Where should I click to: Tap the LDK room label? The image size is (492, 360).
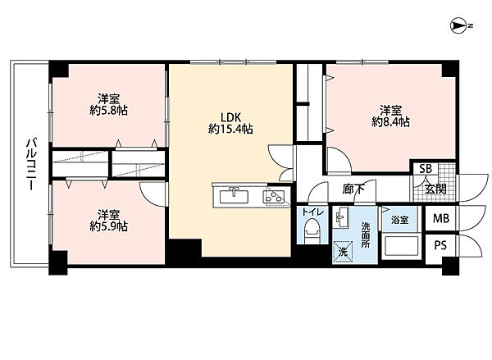[230, 118]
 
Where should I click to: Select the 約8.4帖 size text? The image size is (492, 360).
[390, 122]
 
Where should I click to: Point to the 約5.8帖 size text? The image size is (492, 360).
[108, 111]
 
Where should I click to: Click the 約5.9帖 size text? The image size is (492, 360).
[108, 226]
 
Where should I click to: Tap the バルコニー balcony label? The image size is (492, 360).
[31, 164]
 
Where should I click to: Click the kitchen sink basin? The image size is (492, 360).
[234, 197]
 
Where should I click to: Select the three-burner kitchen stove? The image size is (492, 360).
[274, 197]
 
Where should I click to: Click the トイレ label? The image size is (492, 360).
[312, 212]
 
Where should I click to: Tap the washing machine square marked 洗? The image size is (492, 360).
[343, 251]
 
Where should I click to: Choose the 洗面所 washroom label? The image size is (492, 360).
[365, 235]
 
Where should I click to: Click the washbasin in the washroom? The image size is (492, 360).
[341, 217]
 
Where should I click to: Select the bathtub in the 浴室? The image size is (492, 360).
[400, 247]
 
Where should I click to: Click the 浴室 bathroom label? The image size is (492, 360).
[400, 220]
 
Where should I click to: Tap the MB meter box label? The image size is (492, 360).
[441, 218]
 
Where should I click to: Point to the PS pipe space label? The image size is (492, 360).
[440, 245]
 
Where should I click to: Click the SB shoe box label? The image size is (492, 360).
[426, 169]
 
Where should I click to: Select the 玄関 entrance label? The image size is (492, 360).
[435, 189]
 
